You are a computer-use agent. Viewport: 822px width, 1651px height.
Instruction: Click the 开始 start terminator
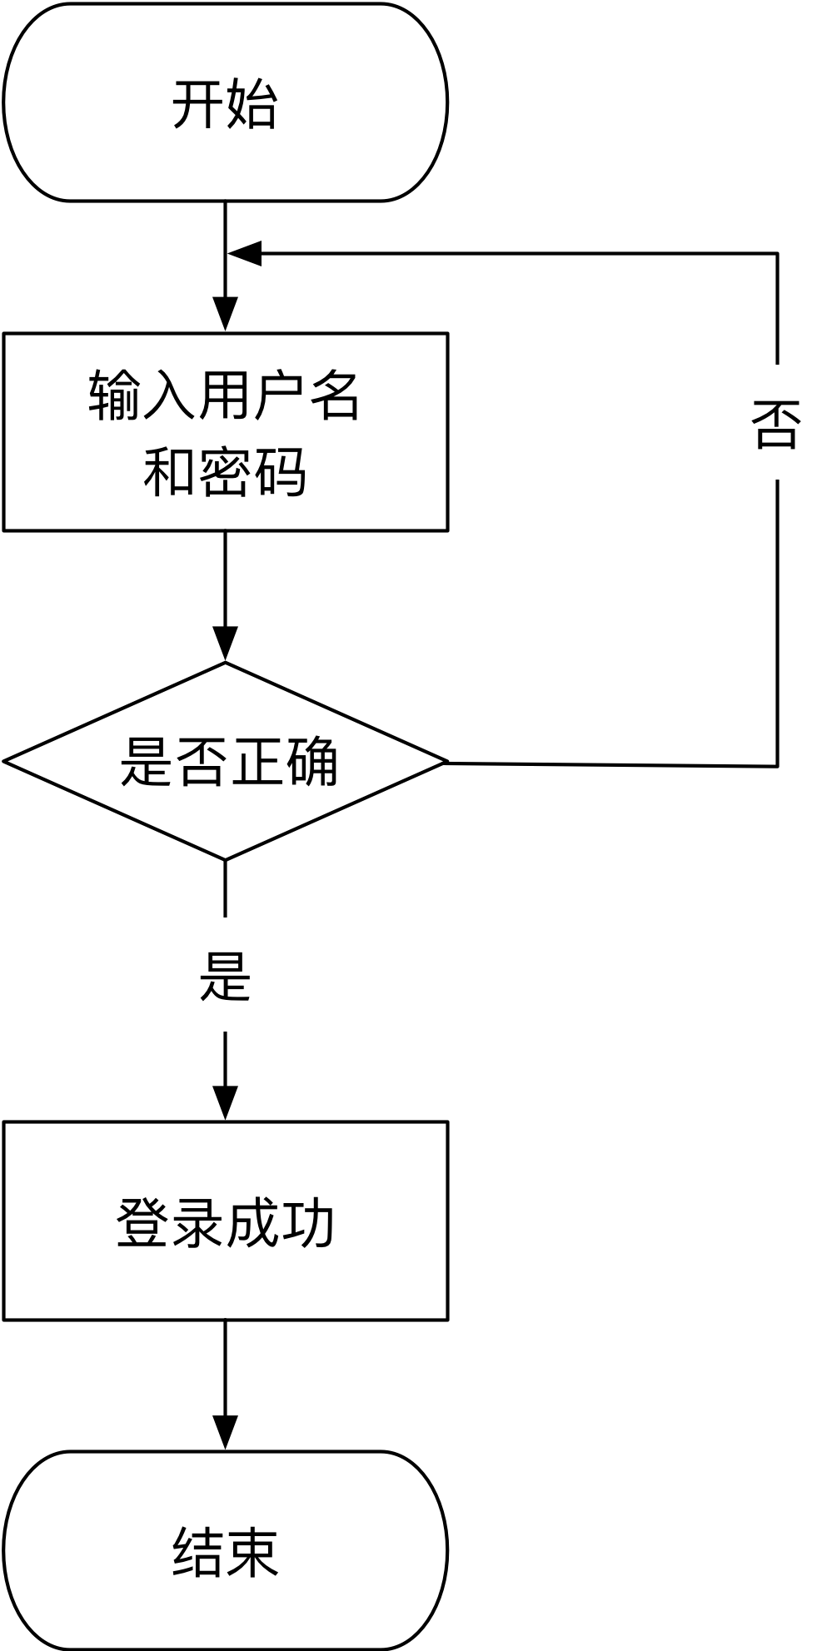[x=225, y=102]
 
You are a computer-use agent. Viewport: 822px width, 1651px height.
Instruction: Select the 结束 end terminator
[x=225, y=1550]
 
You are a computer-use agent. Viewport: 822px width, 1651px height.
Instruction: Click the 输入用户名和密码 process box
[x=225, y=431]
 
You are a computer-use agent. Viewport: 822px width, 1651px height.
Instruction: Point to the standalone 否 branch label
[x=776, y=422]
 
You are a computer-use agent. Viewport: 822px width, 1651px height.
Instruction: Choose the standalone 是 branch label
[x=225, y=974]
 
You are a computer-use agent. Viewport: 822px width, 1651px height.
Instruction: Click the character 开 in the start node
[x=197, y=104]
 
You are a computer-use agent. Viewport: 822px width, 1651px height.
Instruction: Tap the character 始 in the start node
[x=252, y=104]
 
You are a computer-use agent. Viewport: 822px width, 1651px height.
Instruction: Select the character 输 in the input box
[x=115, y=395]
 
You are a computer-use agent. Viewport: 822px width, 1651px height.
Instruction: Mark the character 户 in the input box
[x=280, y=395]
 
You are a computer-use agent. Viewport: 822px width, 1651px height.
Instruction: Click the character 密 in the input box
[x=225, y=471]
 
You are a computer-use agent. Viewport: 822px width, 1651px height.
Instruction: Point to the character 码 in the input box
[x=280, y=471]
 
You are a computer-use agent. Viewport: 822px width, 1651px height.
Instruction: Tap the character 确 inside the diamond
[x=311, y=761]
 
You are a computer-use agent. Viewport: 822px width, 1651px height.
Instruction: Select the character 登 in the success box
[x=142, y=1222]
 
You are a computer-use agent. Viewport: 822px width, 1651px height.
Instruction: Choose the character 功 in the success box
[x=307, y=1222]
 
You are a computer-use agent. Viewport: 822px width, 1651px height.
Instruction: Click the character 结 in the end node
[x=197, y=1552]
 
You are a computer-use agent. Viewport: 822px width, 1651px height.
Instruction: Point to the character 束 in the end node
[x=252, y=1552]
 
